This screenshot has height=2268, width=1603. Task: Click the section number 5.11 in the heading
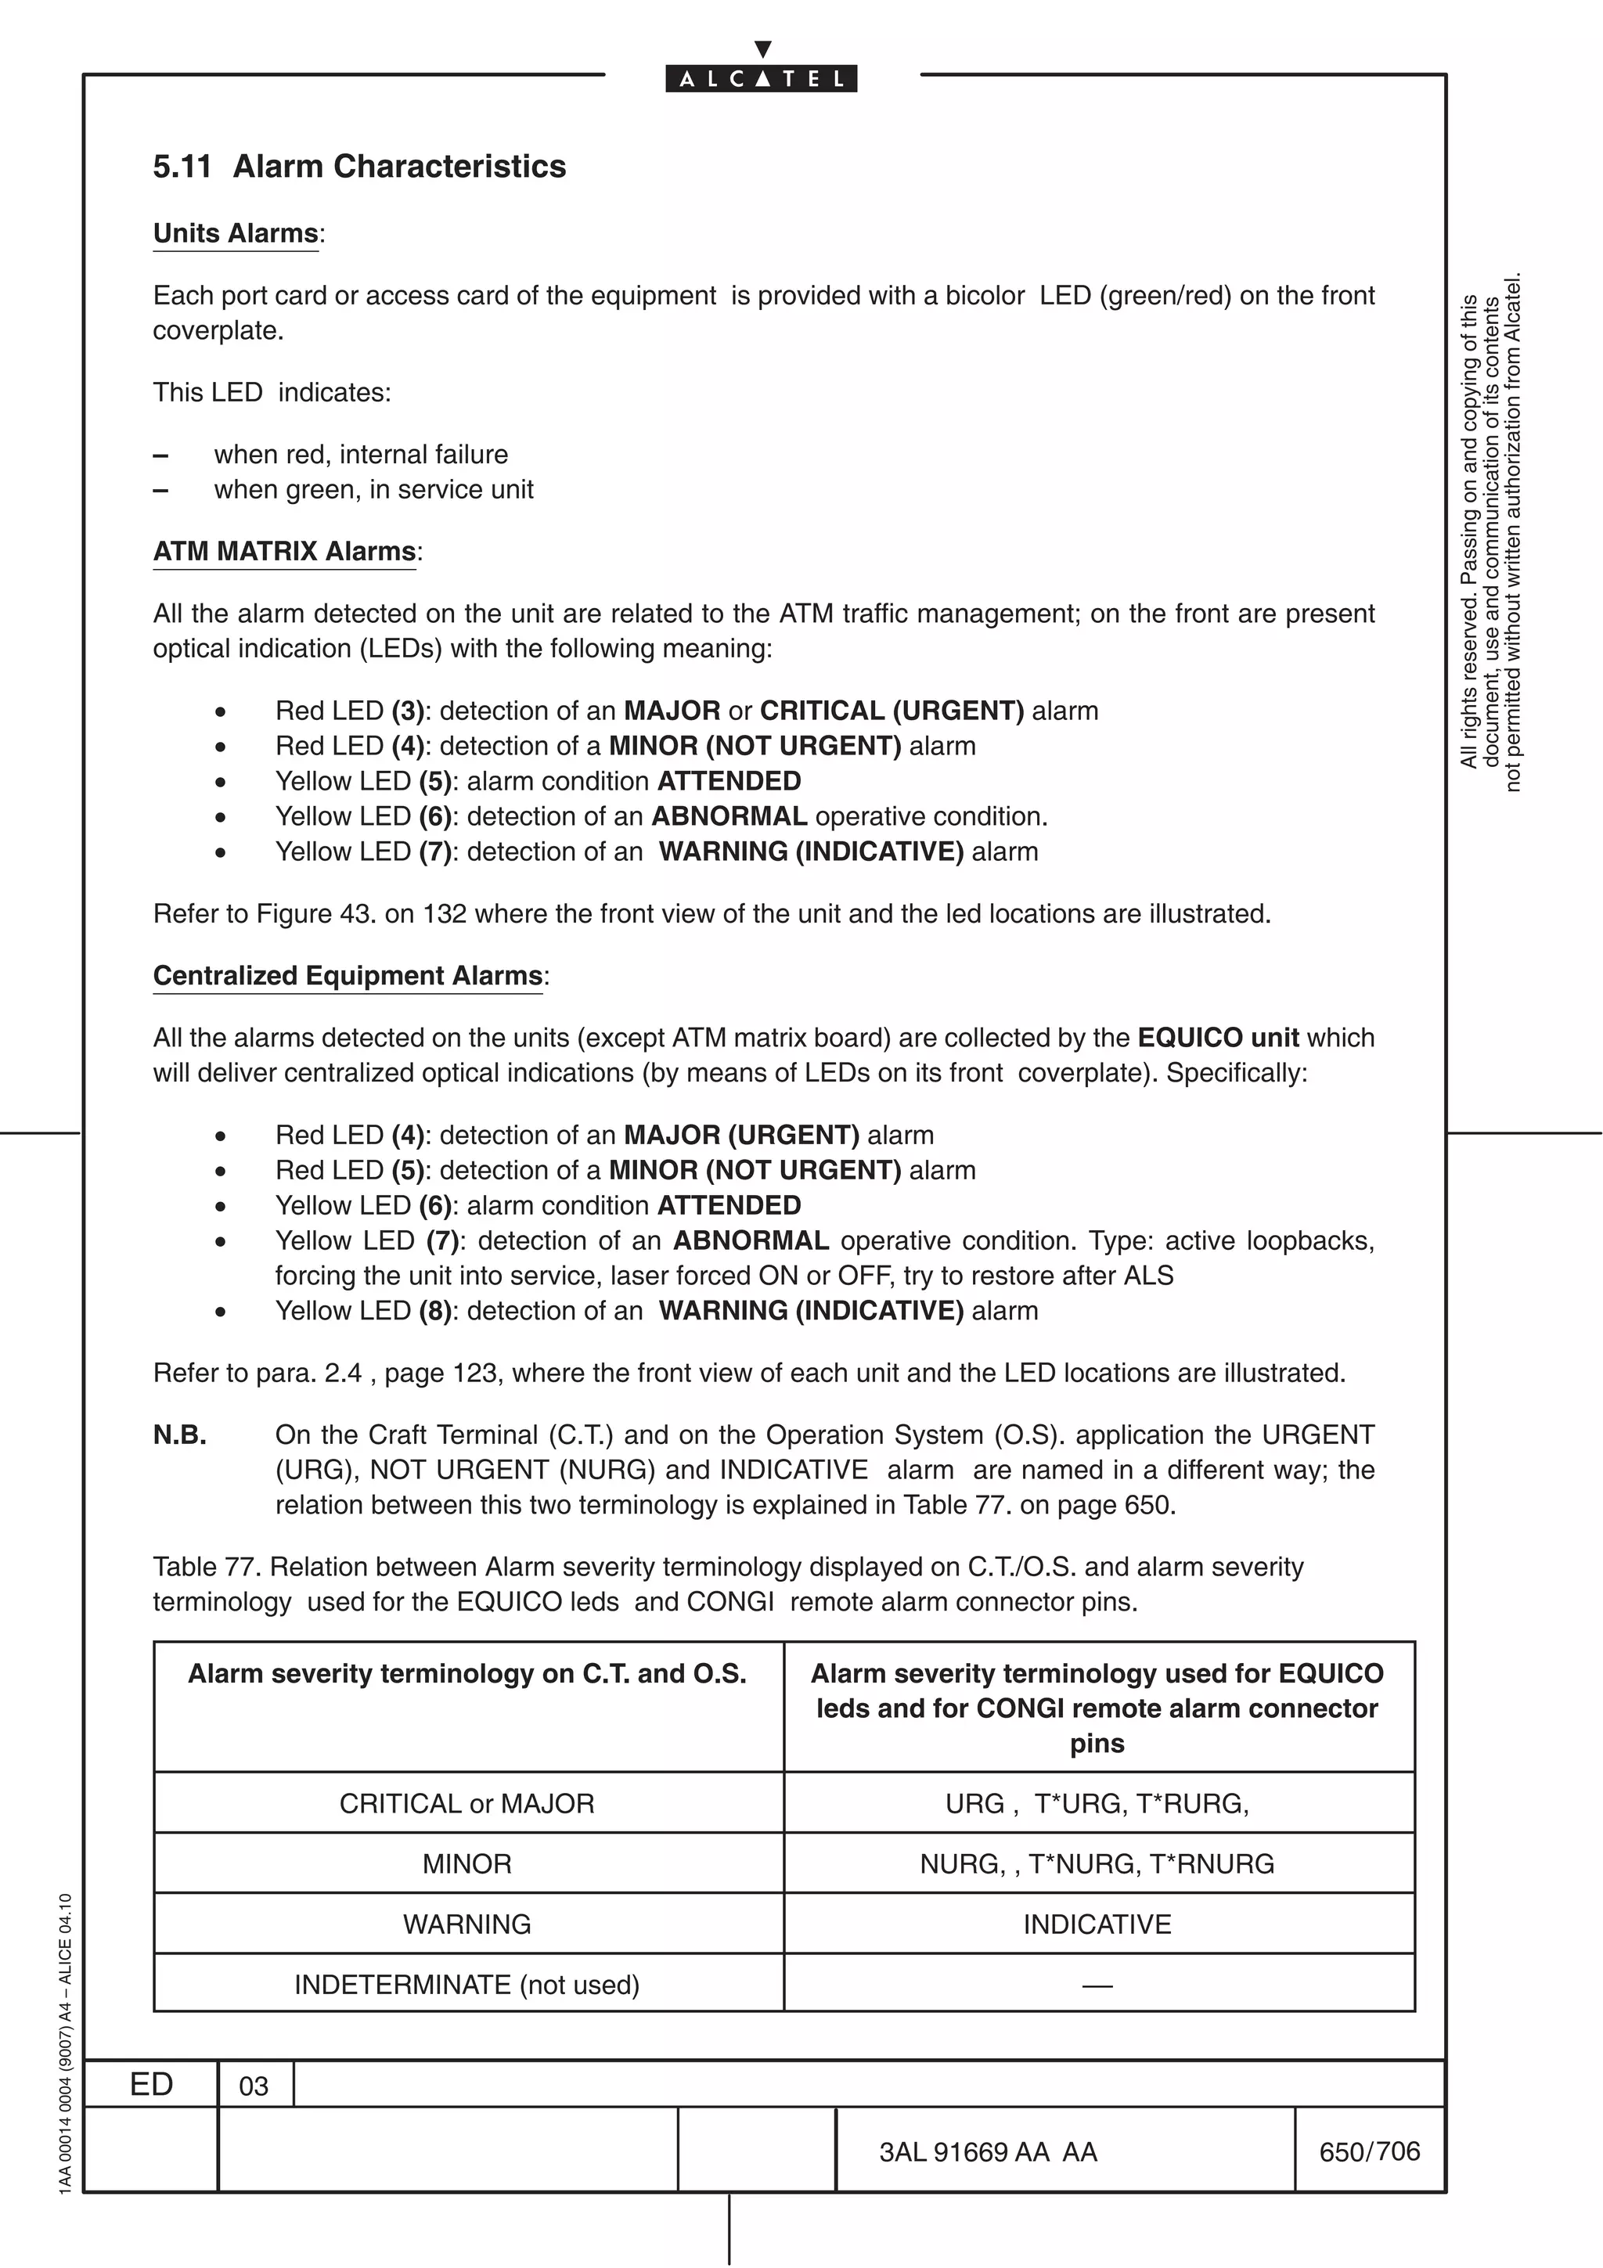182,167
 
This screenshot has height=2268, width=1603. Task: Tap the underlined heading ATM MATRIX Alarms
284,551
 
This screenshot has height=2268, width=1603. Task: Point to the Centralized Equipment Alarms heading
348,976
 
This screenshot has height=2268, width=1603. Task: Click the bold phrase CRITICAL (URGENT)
892,711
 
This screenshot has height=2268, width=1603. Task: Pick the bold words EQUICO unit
1218,1039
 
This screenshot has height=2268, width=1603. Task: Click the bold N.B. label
180,1435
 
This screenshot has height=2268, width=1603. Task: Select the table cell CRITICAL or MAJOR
467,1804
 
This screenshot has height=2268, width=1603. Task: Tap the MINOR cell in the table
467,1864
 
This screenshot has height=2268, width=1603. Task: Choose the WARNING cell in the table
467,1924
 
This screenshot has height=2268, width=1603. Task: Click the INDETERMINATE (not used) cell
467,1985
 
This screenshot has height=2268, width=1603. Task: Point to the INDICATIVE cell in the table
1097,1924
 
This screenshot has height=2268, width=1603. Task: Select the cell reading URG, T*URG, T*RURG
1097,1804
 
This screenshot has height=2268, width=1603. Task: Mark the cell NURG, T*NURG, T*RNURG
1097,1864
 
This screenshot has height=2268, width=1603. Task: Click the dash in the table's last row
1097,1985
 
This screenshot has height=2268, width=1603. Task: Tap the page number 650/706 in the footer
1369,2151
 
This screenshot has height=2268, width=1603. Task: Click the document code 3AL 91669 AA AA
989,2152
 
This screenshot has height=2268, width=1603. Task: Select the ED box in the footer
151,2084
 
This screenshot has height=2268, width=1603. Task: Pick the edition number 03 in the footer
254,2086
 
